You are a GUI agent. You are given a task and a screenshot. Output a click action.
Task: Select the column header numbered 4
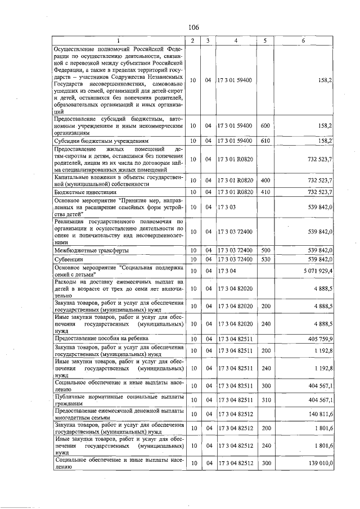tap(236, 40)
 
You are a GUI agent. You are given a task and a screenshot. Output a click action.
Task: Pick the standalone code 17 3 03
tap(227, 207)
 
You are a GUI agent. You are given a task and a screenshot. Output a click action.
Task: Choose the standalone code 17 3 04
tap(227, 271)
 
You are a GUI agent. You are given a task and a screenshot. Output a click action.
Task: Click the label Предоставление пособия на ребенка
tap(101, 339)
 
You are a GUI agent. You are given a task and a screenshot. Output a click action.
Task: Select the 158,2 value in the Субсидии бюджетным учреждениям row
tap(324, 141)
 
